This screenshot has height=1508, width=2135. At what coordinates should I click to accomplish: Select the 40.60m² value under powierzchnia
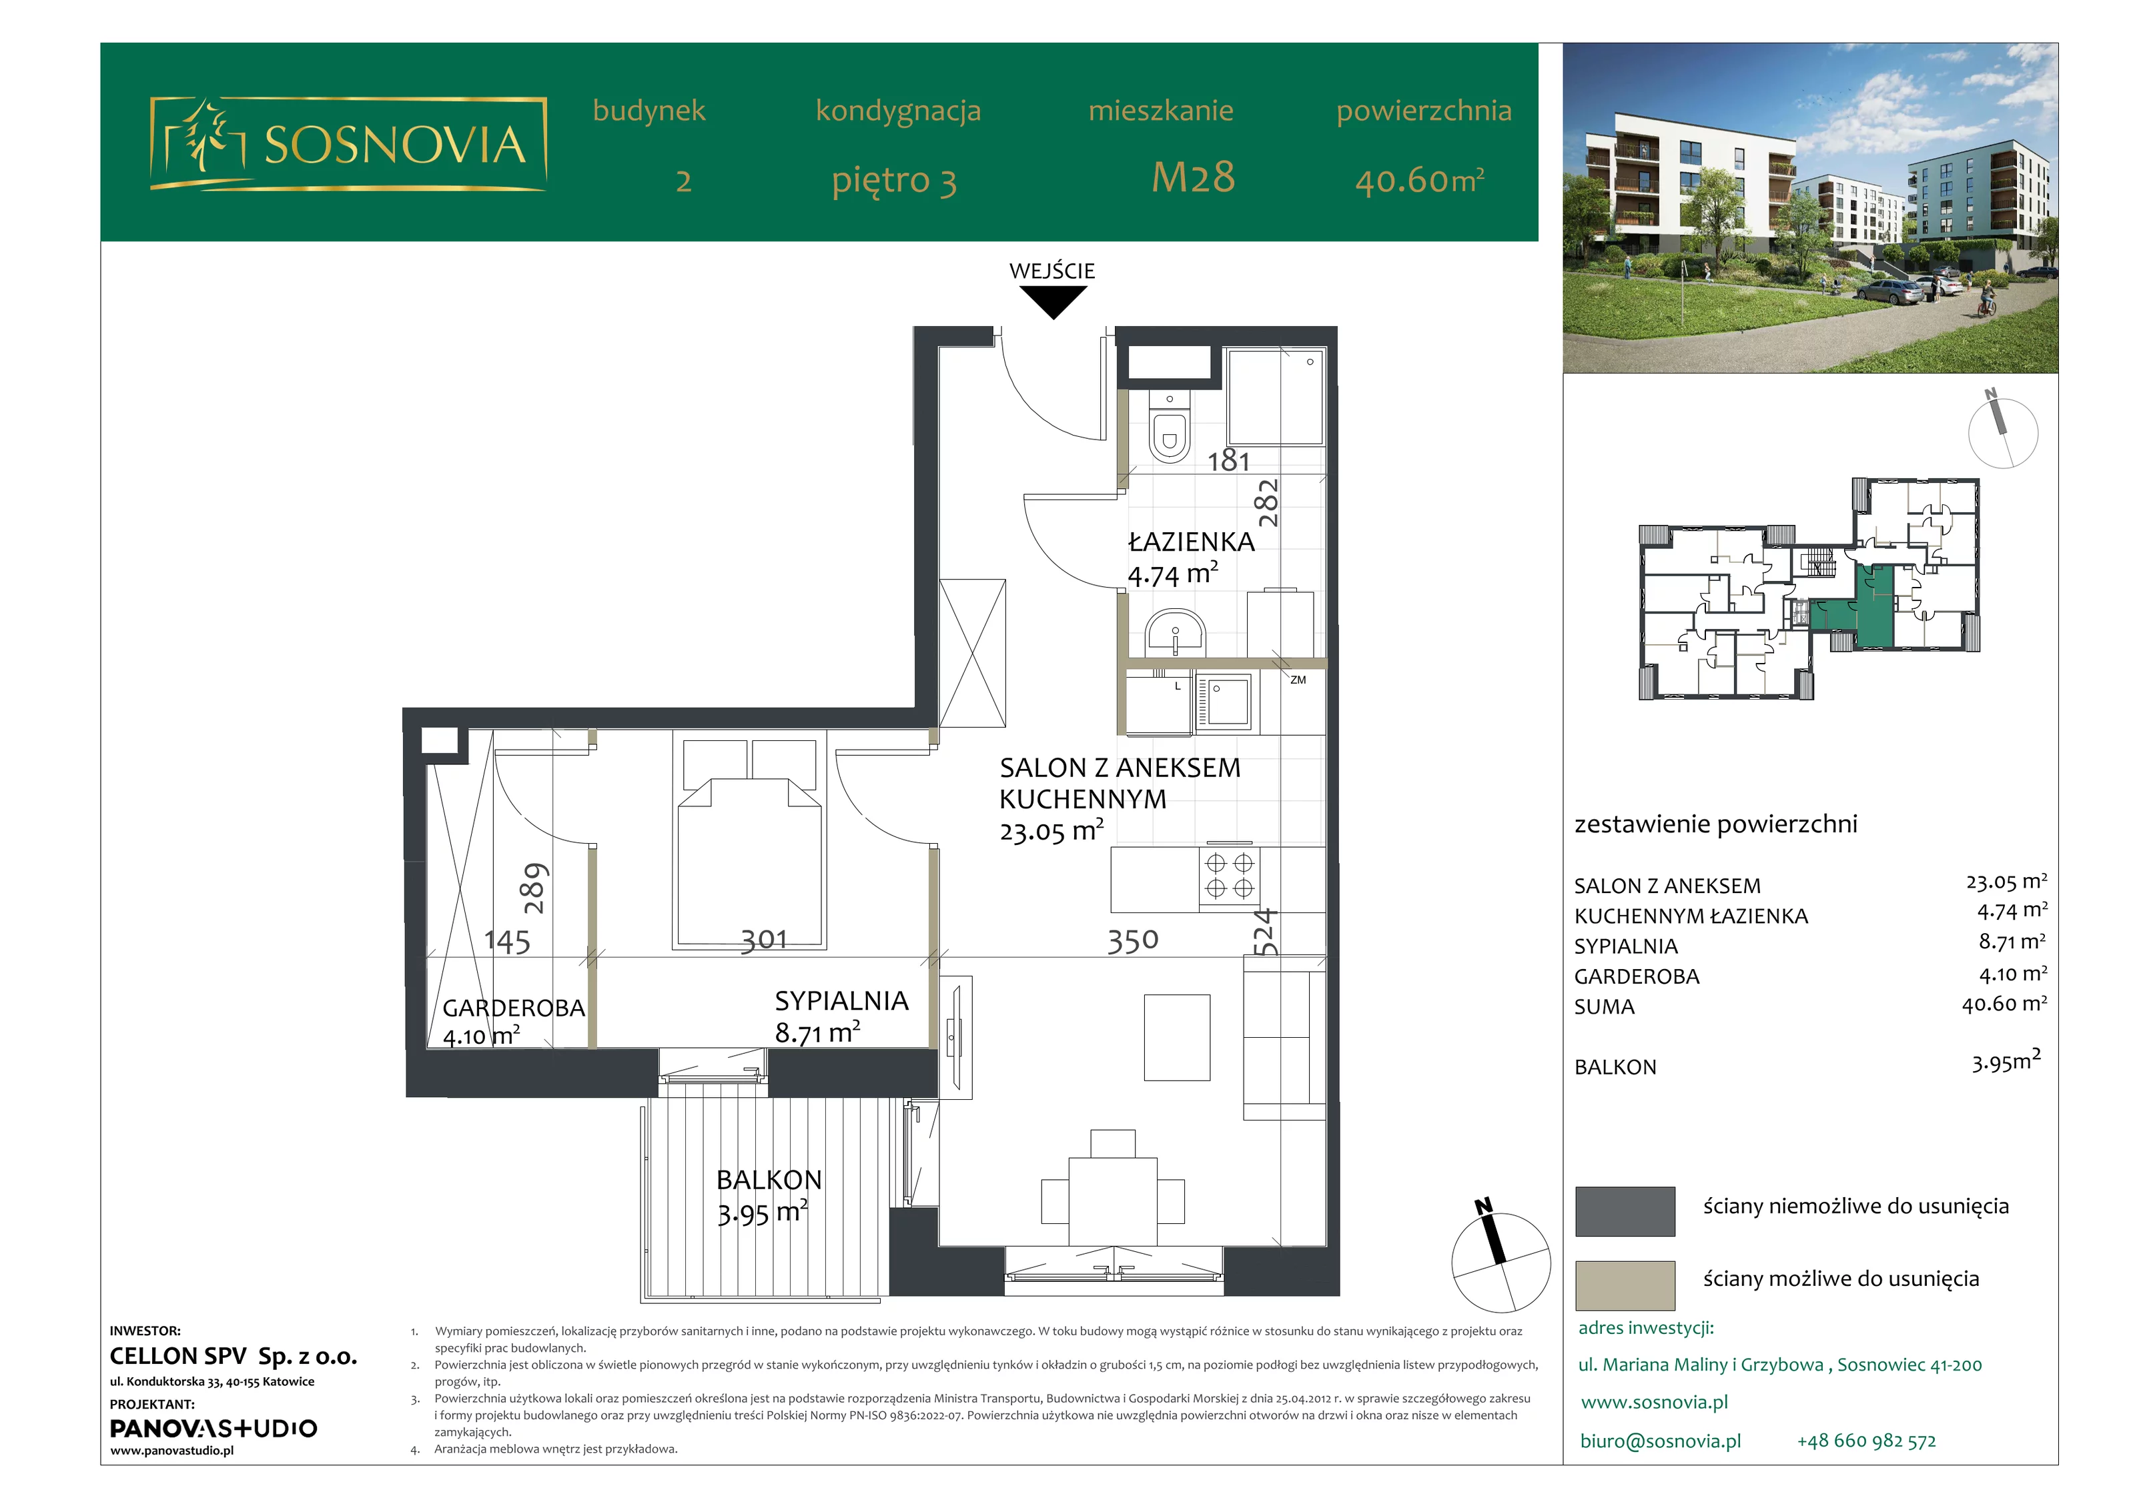(x=1419, y=179)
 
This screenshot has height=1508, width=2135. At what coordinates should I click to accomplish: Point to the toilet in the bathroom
(x=1169, y=427)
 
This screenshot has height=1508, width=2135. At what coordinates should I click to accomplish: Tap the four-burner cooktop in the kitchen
(x=1230, y=876)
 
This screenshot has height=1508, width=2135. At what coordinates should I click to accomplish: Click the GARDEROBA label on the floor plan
(x=513, y=1008)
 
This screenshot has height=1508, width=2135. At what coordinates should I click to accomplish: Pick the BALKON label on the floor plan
(x=769, y=1180)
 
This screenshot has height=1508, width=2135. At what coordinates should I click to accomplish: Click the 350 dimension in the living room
(x=1133, y=941)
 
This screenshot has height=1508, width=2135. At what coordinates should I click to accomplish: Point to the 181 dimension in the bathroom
(x=1228, y=460)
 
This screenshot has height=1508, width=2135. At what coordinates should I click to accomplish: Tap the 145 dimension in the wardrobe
(x=508, y=942)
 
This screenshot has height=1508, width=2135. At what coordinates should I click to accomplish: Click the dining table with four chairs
(x=1112, y=1188)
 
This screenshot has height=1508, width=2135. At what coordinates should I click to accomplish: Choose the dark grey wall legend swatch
(x=1625, y=1211)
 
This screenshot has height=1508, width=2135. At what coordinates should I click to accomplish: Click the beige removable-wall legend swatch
(x=1625, y=1285)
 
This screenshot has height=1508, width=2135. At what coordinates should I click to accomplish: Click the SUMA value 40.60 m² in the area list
(x=2004, y=1004)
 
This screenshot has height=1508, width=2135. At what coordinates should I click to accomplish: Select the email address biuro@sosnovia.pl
(x=1661, y=1441)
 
